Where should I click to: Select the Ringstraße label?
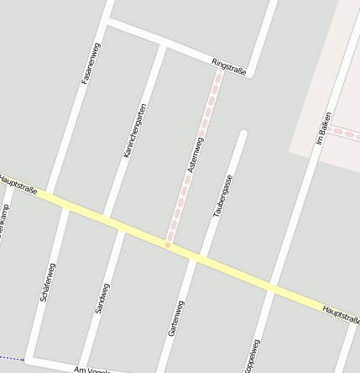(229, 67)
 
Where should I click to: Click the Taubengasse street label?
(222, 196)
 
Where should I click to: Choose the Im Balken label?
(323, 130)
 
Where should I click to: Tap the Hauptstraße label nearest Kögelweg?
(341, 313)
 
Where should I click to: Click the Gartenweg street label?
(177, 318)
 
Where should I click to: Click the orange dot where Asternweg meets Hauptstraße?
(168, 244)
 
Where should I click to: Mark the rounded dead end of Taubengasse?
(244, 133)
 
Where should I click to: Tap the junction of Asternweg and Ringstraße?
(221, 71)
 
